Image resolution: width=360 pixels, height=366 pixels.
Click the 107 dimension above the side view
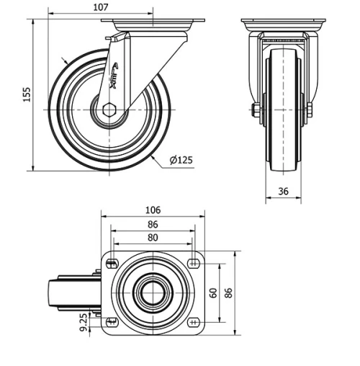point(100,6)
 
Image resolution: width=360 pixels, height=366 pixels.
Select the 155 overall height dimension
point(27,94)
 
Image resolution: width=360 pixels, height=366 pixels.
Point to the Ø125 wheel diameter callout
point(181,160)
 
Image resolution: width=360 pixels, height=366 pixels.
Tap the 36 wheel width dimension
point(282,192)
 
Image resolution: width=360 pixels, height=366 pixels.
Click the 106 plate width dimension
point(152,210)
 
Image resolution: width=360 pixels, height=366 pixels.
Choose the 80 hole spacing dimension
point(152,237)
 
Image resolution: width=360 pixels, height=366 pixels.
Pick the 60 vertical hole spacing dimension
point(213,293)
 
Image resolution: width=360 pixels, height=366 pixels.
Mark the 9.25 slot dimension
point(85,321)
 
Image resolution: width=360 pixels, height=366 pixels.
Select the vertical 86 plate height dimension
point(229,293)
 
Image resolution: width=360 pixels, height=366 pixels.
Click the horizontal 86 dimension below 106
point(152,224)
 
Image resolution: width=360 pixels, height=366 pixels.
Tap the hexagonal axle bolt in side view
point(109,110)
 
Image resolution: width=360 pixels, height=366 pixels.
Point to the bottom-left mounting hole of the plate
point(110,321)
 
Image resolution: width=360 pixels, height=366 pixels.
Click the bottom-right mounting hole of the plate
point(194,321)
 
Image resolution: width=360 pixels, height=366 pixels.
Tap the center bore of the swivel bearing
point(152,293)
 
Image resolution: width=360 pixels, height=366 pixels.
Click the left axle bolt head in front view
point(256,110)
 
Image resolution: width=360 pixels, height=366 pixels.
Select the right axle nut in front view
point(309,110)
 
